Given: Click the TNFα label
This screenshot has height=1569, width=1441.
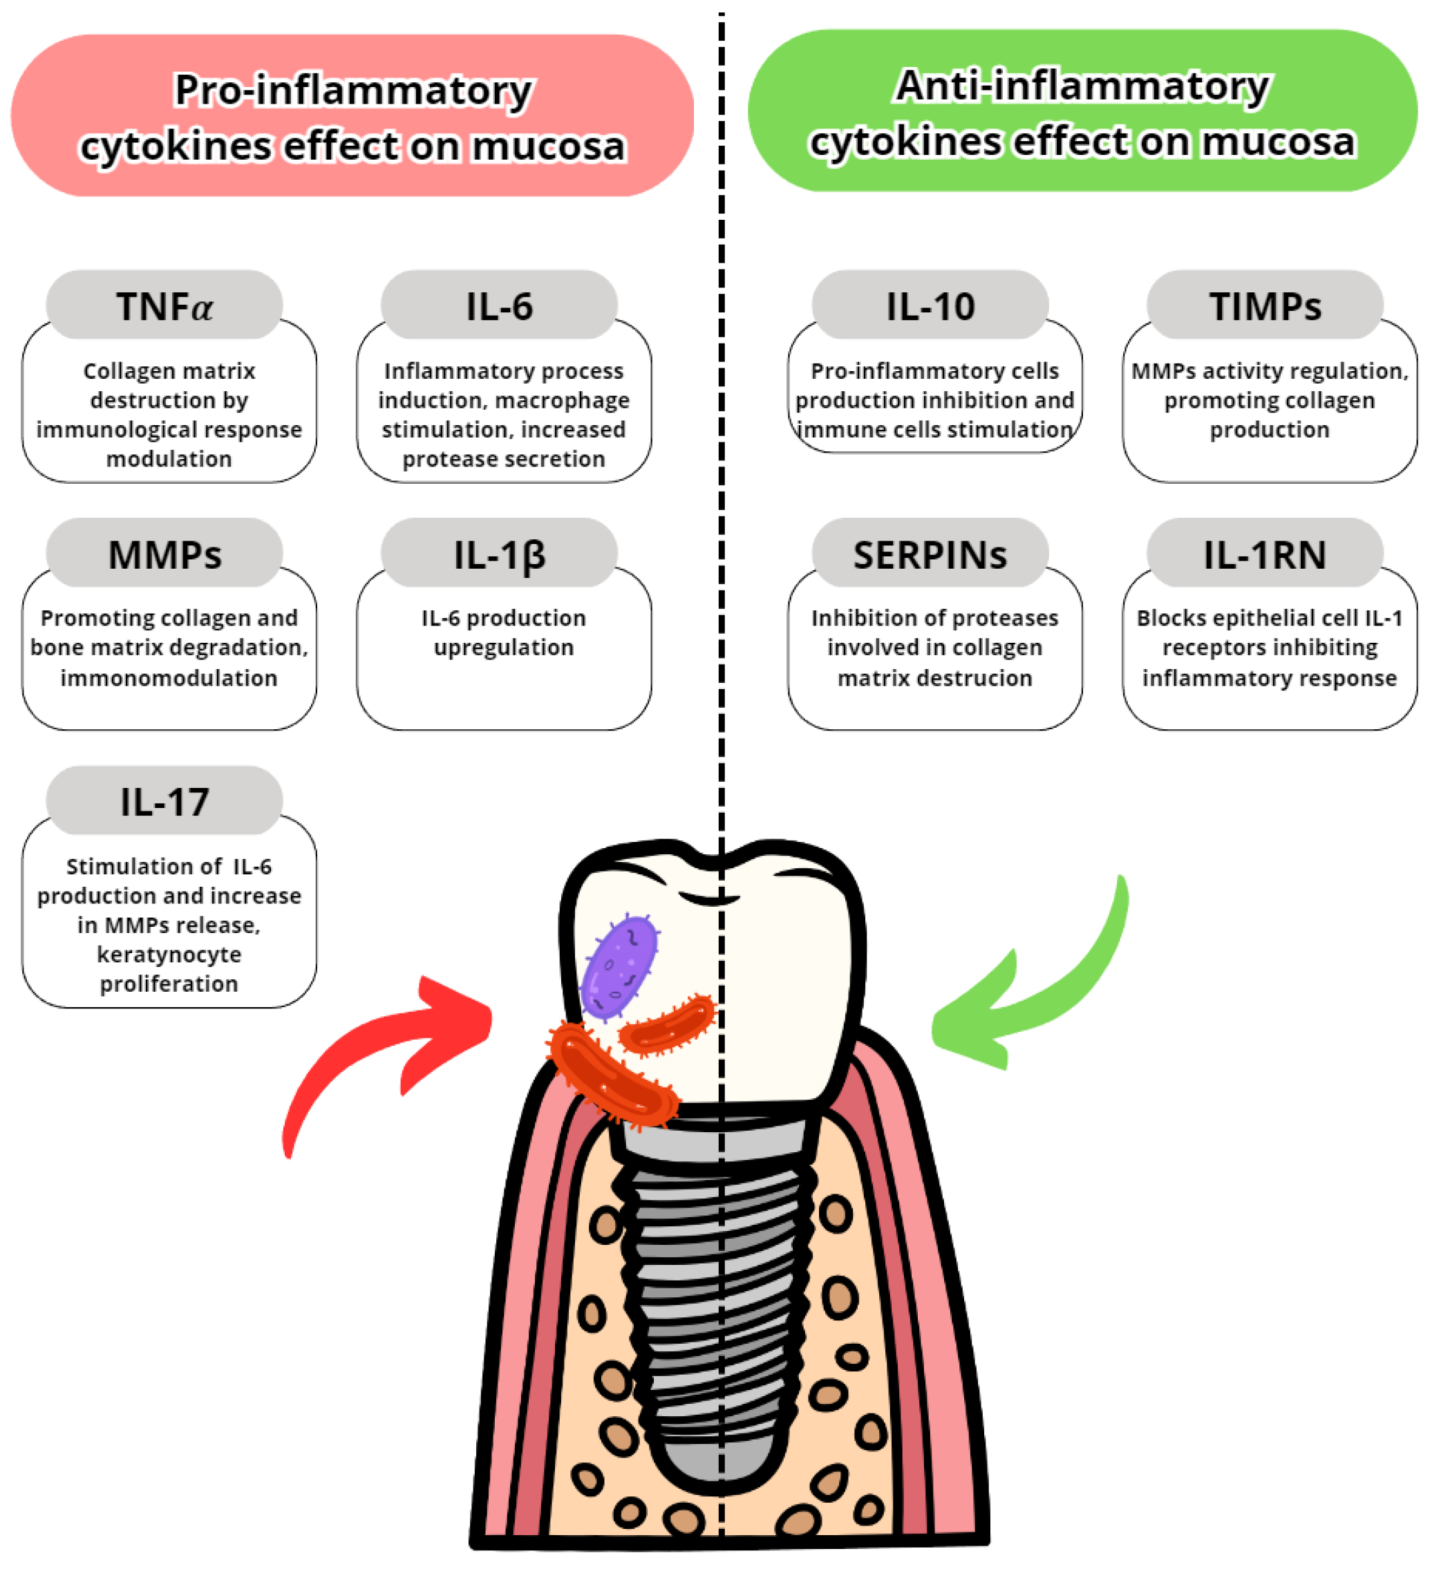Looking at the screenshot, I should [x=164, y=306].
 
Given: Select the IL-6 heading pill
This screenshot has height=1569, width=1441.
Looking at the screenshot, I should [x=499, y=306].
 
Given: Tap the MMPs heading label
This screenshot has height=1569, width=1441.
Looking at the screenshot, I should [x=164, y=554].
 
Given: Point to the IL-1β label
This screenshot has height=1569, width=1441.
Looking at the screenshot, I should [x=499, y=554].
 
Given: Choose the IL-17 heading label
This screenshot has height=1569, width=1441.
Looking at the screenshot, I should [x=164, y=802].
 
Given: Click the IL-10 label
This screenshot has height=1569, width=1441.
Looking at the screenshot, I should [x=930, y=306].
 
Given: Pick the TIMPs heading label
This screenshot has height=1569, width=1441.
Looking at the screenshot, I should [x=1265, y=306].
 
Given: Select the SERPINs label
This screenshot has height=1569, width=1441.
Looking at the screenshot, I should [x=930, y=554].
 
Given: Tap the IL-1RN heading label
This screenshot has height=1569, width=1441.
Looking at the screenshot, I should [x=1265, y=554].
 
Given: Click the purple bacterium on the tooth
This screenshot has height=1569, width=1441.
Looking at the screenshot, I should [x=620, y=968].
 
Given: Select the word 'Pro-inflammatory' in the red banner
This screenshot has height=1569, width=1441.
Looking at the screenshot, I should [x=353, y=91].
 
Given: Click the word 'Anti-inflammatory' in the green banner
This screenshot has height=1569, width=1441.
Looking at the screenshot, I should [x=1083, y=86].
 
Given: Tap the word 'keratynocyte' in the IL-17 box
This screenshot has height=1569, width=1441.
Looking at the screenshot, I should [x=169, y=955].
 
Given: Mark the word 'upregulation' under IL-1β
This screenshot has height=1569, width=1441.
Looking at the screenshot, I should [x=504, y=647].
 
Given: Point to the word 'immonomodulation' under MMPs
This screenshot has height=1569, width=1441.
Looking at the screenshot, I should [x=169, y=677].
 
